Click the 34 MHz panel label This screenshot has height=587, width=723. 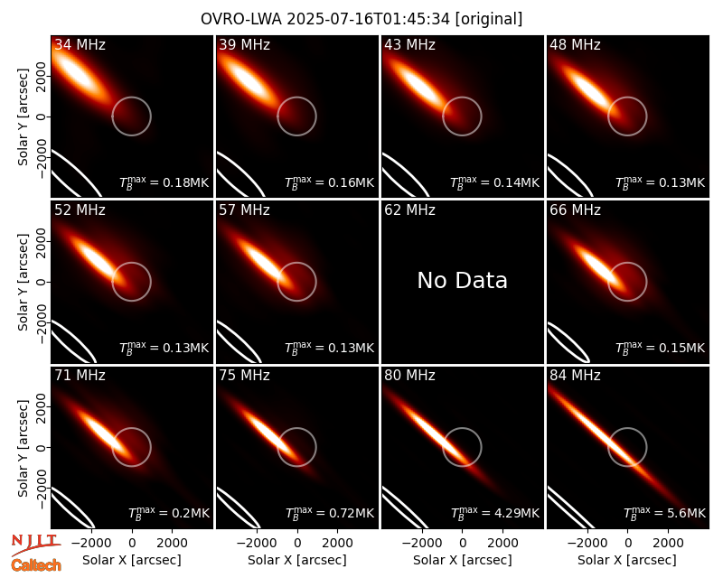click(x=80, y=44)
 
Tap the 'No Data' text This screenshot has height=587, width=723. click(x=462, y=280)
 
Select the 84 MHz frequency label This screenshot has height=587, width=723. click(x=575, y=375)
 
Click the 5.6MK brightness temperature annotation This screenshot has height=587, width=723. click(x=664, y=513)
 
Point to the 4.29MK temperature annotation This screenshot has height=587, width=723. click(x=494, y=513)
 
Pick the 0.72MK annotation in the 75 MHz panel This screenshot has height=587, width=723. click(x=330, y=513)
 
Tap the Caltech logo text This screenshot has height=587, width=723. click(x=36, y=565)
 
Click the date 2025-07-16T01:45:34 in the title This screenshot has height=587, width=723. click(x=369, y=19)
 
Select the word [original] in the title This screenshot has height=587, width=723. click(x=489, y=19)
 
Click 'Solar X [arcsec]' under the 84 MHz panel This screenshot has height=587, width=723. click(x=627, y=560)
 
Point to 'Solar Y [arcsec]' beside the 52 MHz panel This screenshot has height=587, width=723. click(x=23, y=282)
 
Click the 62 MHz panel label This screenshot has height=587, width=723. click(x=410, y=210)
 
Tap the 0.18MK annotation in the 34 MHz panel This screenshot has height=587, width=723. click(x=164, y=182)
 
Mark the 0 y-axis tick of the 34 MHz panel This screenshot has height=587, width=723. click(x=42, y=116)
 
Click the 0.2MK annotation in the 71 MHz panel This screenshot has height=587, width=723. click(x=169, y=513)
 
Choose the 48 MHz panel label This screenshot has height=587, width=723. click(x=575, y=44)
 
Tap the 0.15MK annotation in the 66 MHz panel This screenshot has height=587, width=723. click(x=661, y=348)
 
